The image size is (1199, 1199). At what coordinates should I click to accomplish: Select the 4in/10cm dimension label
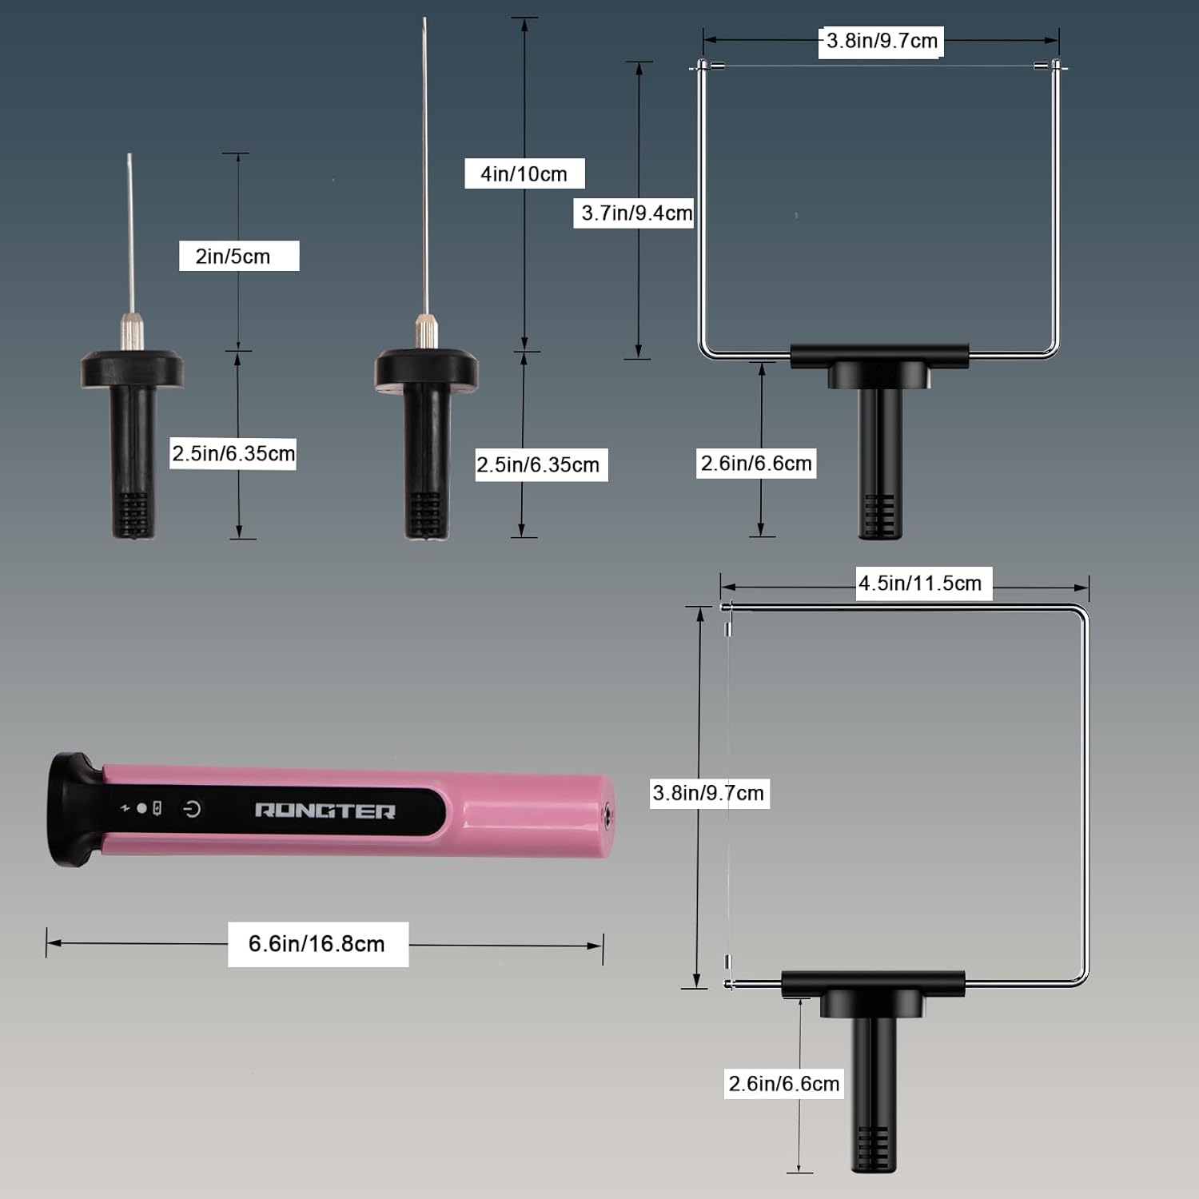pos(524,173)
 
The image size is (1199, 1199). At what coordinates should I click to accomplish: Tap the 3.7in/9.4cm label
pos(635,213)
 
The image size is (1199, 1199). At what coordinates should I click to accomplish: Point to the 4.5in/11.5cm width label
pos(921,584)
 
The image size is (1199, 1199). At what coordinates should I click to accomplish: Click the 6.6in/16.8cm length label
pos(317,943)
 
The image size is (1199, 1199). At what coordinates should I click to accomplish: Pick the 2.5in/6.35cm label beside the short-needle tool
pos(233,453)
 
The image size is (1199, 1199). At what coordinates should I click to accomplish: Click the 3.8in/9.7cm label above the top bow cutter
pos(882,41)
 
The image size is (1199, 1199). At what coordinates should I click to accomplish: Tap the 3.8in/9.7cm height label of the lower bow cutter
pos(709,793)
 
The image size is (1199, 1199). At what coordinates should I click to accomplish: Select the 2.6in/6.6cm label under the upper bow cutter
pos(756,463)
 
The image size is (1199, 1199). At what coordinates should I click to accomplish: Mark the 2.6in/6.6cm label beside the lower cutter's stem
pos(784,1083)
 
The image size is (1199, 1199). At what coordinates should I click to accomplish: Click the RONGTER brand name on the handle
pos(325,811)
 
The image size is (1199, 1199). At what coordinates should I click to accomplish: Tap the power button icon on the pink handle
pos(192,809)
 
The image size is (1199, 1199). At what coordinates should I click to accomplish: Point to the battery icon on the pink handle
pos(157,808)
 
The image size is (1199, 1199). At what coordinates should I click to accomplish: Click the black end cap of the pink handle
pos(74,809)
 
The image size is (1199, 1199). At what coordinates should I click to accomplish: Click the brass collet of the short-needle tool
pos(131,331)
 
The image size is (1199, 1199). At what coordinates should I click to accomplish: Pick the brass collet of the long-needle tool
pos(426,330)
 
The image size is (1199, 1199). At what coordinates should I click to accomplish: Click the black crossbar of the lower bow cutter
pos(873,982)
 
